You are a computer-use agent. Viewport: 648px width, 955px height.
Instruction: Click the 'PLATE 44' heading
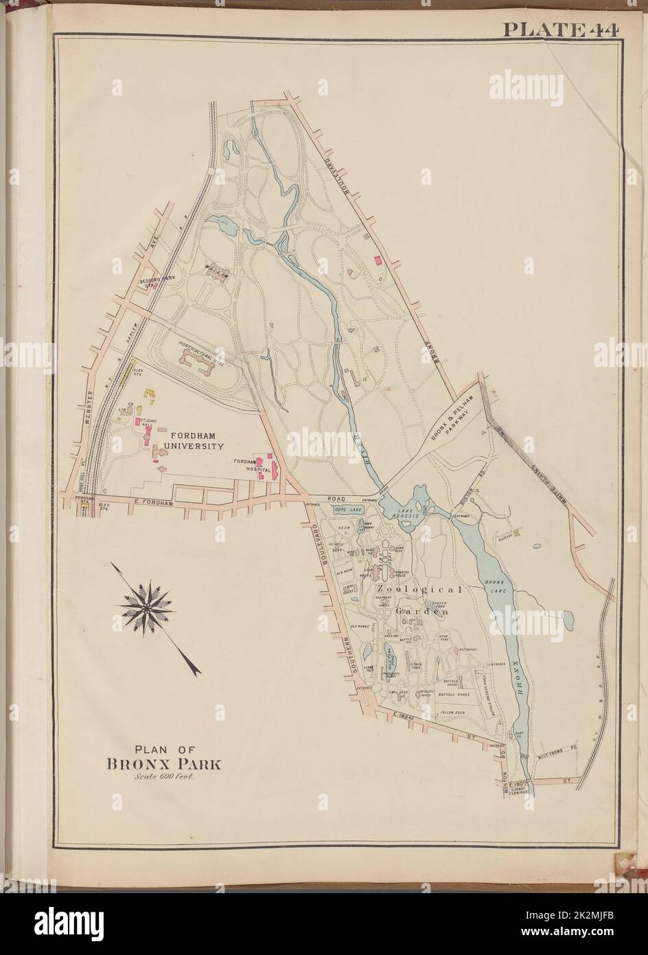pos(560,30)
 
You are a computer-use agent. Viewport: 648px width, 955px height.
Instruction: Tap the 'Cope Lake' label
pos(347,510)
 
